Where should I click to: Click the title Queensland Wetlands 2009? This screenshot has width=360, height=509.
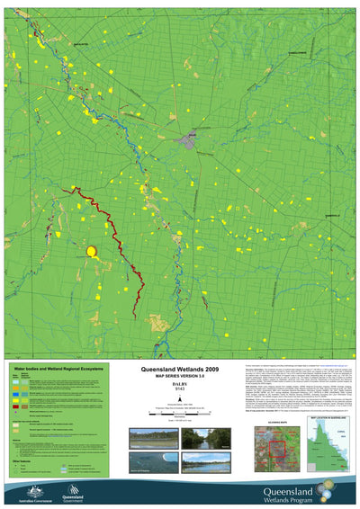click(x=180, y=370)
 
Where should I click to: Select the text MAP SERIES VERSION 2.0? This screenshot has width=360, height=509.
click(x=180, y=377)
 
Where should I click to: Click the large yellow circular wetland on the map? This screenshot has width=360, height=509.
click(x=91, y=253)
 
